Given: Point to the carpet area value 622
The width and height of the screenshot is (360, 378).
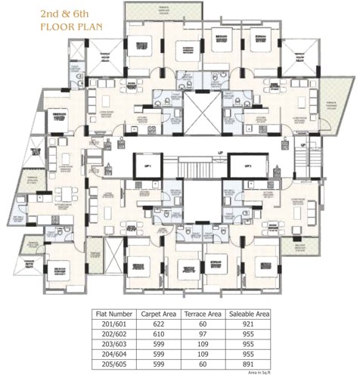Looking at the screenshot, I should (158, 324).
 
